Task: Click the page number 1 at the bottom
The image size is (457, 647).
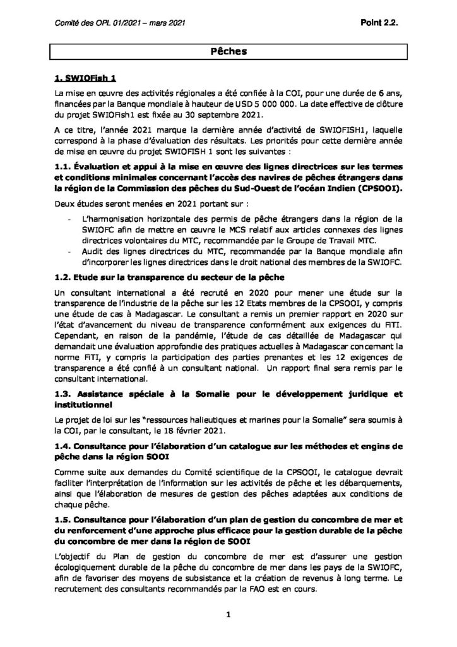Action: (228, 614)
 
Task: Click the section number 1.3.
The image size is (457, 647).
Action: (64, 395)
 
